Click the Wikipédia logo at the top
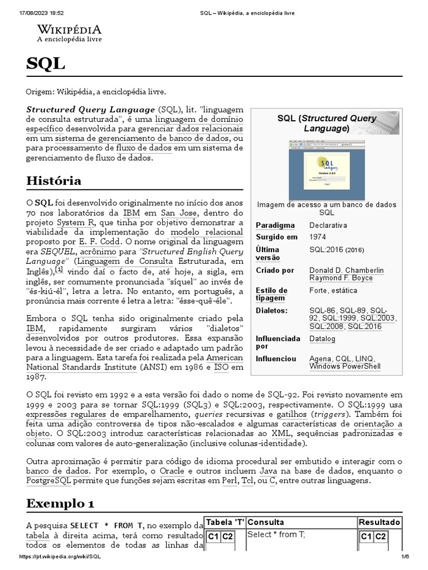click(69, 33)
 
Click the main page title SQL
click(45, 64)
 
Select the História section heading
click(53, 181)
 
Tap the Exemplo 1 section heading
click(60, 504)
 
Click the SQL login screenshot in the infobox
click(327, 170)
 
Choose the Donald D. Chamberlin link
click(346, 270)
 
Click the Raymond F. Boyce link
click(341, 278)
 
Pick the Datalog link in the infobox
click(322, 338)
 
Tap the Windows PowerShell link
click(345, 366)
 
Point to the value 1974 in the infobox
click(318, 237)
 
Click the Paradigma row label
click(275, 225)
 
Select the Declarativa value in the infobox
click(328, 225)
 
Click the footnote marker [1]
click(59, 269)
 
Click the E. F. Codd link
click(104, 242)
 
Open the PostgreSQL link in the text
click(52, 480)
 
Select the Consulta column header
click(266, 522)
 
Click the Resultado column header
click(379, 522)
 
